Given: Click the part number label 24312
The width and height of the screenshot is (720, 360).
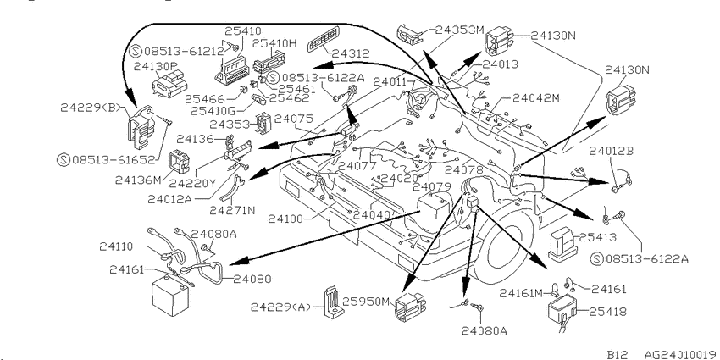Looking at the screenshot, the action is [x=351, y=53].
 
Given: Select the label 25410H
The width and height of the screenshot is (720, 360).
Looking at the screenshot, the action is [x=275, y=43].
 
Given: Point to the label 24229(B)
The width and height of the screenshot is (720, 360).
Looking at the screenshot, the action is [x=90, y=108].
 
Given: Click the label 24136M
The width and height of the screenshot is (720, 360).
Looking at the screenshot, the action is [x=138, y=180].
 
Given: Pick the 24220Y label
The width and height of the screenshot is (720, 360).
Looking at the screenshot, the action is [x=192, y=183].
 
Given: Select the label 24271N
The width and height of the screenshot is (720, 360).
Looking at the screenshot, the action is [x=232, y=210].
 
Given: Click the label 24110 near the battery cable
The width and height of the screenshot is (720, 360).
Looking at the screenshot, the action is [x=116, y=246].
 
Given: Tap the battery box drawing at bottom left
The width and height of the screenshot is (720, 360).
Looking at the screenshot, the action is [x=170, y=296].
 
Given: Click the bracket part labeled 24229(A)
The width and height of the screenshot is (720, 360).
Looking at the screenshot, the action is [x=334, y=303].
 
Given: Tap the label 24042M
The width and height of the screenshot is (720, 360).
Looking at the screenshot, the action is [x=536, y=97].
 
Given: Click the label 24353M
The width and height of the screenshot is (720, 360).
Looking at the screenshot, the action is [x=460, y=30].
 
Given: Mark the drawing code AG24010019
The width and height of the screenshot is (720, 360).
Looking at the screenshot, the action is [x=681, y=354].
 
